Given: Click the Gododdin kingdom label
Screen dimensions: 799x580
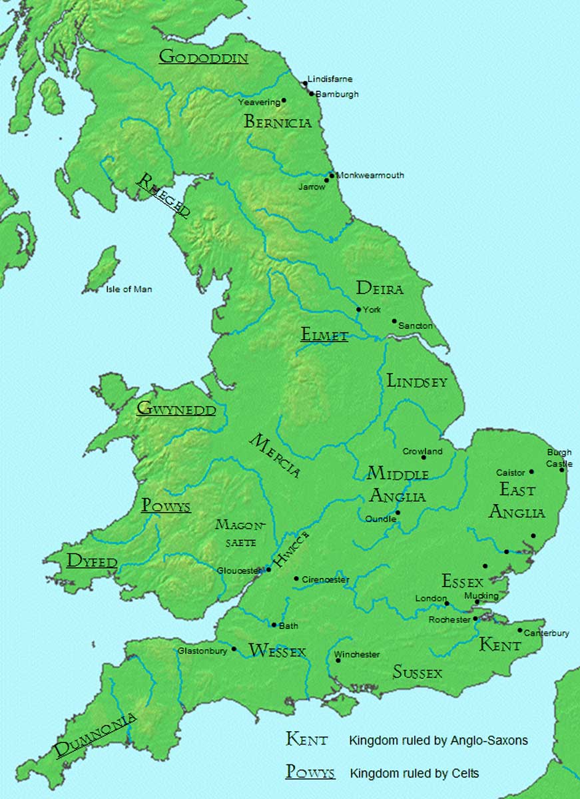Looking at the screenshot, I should (x=203, y=57).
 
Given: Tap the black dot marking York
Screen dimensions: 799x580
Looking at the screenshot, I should (x=359, y=310).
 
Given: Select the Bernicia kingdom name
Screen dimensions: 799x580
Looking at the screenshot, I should (x=278, y=122).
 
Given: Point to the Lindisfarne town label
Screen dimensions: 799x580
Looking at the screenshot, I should (x=330, y=79).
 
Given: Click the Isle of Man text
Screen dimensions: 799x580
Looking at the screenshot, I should (x=129, y=289).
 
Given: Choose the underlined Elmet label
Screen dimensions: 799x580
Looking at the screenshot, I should (x=324, y=335).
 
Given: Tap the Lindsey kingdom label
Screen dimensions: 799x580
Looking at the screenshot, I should (x=417, y=381).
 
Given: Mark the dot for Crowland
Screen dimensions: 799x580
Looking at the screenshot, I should (x=423, y=457).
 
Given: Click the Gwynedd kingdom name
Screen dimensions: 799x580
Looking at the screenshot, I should (x=176, y=409).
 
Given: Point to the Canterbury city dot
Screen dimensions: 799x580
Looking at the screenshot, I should (x=520, y=630).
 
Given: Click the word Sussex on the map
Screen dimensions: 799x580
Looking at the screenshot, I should (x=418, y=672).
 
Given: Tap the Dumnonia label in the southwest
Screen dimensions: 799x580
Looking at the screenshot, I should (x=95, y=735).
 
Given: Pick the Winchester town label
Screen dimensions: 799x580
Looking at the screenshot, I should (x=358, y=655).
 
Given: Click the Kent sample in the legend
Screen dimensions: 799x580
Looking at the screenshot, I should (x=307, y=739).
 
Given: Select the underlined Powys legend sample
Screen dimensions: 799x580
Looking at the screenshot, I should (x=310, y=772).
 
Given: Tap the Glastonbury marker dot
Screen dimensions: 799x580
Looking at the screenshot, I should (x=234, y=649).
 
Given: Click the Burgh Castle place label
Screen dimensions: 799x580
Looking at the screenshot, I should (x=559, y=458).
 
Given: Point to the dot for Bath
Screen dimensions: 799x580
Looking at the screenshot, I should (x=274, y=625).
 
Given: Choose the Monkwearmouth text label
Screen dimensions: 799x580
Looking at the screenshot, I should (x=370, y=175).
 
